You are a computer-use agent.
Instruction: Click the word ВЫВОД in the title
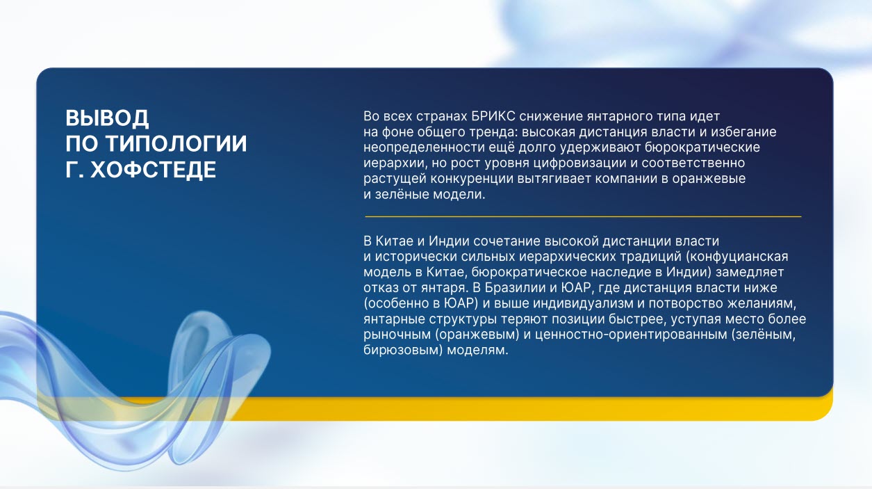pos(107,118)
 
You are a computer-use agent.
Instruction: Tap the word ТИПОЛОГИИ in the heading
pos(176,143)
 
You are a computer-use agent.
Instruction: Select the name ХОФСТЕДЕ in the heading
pos(153,170)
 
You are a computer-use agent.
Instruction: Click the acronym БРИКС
pos(493,116)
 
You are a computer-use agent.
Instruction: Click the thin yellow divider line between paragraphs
pos(583,216)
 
